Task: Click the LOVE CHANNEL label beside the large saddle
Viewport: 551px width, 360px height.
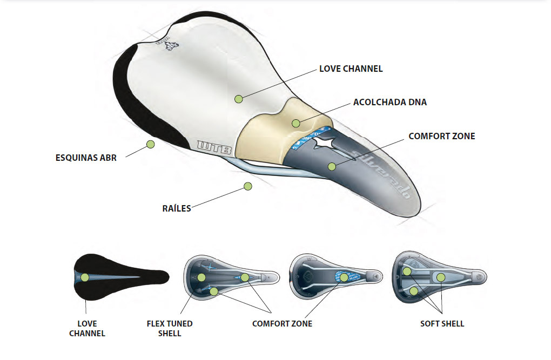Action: (x=351, y=69)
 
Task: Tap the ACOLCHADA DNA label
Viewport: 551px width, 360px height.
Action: (x=389, y=102)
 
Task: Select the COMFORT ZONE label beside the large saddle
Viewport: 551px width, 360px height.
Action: (x=441, y=136)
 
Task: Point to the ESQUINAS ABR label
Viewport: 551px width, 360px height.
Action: (x=86, y=158)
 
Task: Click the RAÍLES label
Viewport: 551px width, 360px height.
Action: (x=177, y=208)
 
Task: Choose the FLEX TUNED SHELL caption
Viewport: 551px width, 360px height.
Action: (x=170, y=328)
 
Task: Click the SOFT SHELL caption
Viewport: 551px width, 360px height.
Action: (x=442, y=324)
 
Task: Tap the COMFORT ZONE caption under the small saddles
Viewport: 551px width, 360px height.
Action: (x=282, y=324)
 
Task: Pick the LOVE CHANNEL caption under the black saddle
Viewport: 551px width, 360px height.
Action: (x=87, y=328)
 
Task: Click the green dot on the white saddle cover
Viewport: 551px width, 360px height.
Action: (x=238, y=99)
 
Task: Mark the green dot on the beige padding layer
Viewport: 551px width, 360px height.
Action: (x=295, y=123)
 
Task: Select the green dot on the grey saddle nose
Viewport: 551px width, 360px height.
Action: (x=332, y=166)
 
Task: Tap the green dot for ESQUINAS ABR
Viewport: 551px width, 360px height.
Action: (x=150, y=144)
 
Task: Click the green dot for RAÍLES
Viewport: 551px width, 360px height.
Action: (x=248, y=186)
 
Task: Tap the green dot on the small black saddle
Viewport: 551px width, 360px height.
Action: (x=85, y=277)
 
